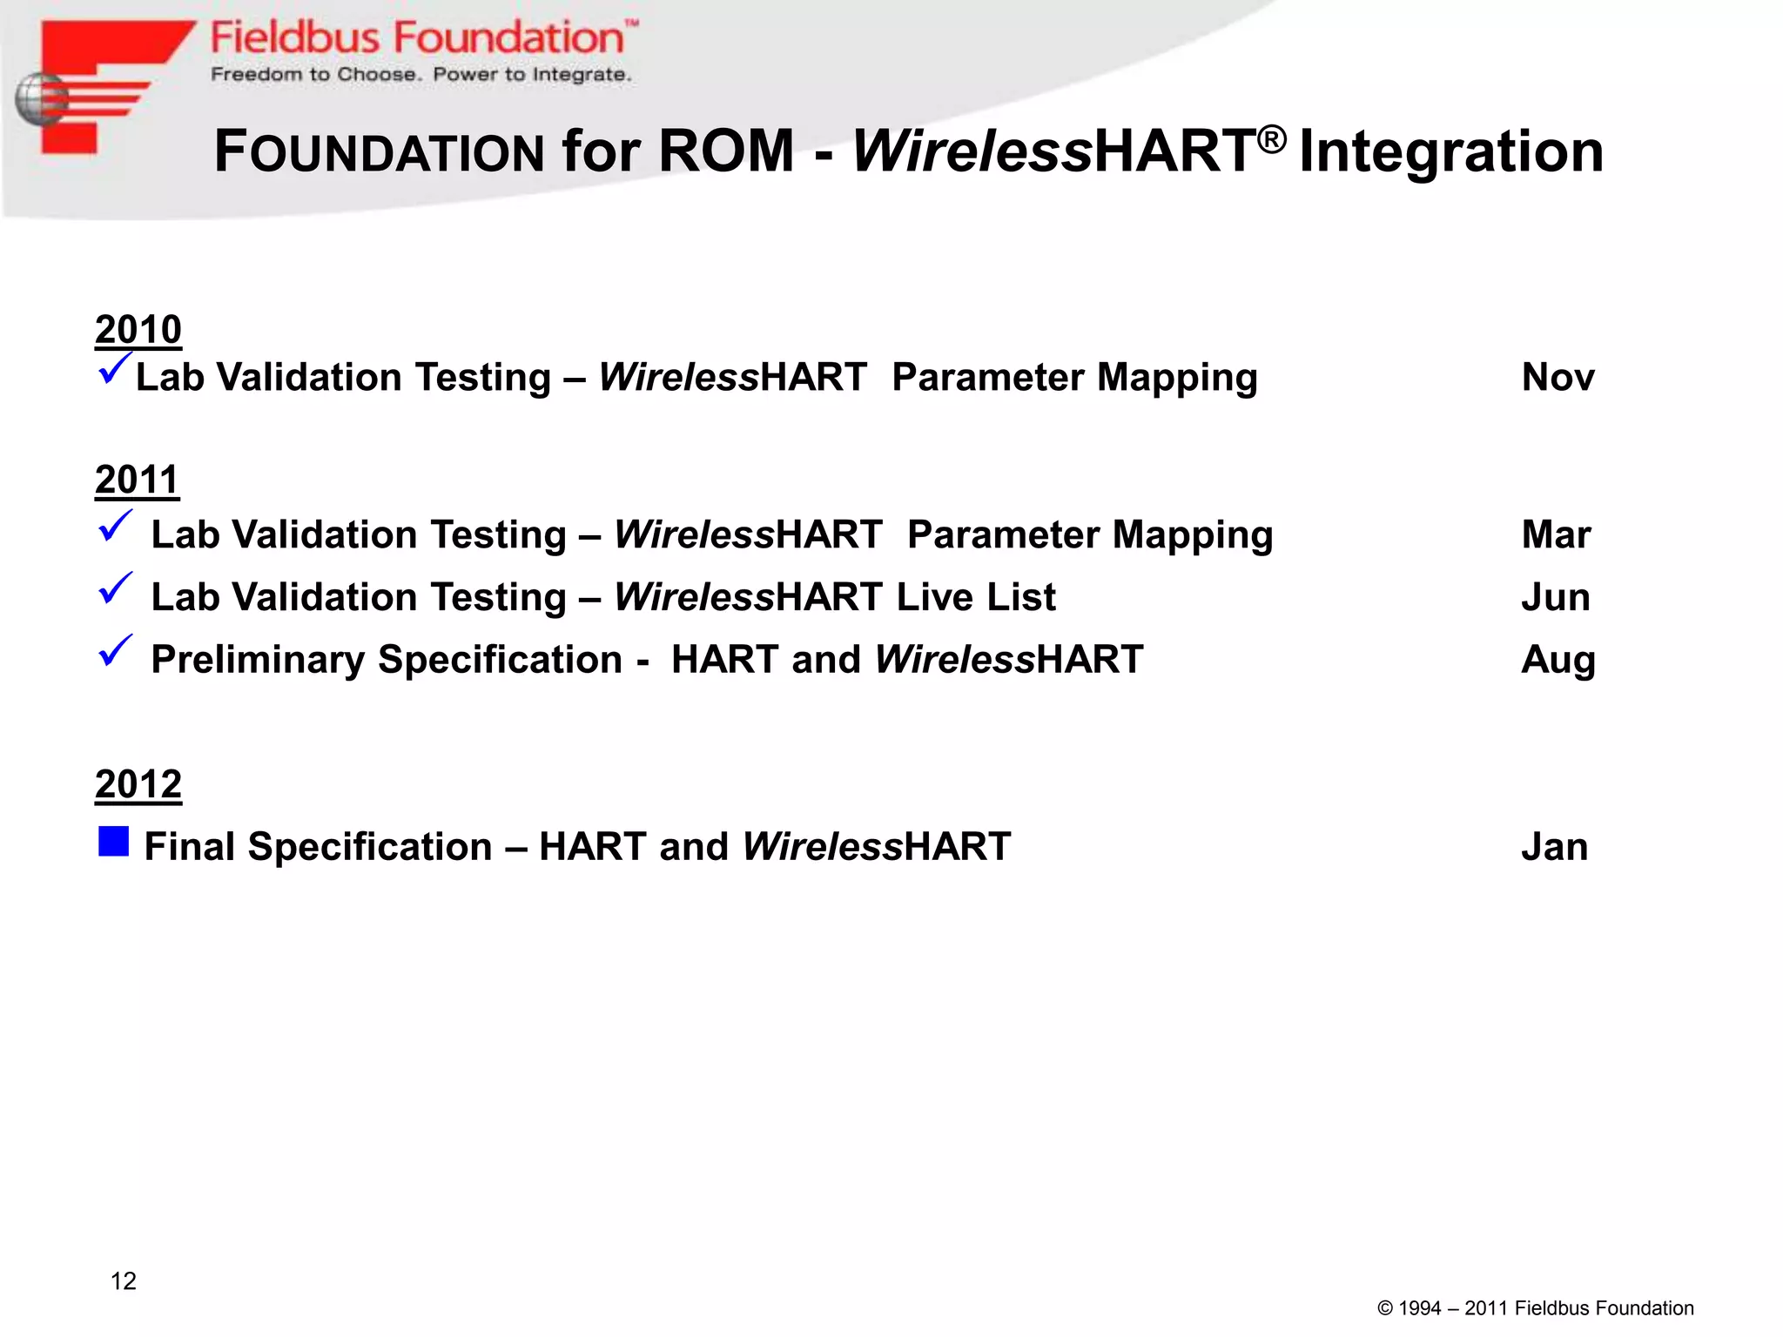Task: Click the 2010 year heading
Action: tap(138, 330)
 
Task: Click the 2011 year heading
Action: tap(137, 480)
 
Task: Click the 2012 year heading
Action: tap(138, 784)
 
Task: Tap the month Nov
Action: tap(1558, 378)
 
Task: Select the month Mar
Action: tap(1556, 534)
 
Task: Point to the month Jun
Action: tap(1555, 597)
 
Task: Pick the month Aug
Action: tap(1558, 660)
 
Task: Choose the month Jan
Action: tap(1554, 847)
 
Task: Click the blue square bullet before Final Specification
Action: tap(114, 842)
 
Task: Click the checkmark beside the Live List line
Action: tap(115, 589)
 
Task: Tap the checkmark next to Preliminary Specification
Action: tap(115, 651)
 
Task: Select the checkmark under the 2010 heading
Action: tap(115, 367)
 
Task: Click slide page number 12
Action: tap(124, 1280)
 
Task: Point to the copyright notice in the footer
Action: tap(1535, 1308)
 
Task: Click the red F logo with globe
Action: tap(96, 87)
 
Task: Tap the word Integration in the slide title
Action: tap(1450, 151)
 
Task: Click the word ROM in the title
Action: tap(726, 151)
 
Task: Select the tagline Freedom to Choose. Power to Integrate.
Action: tap(421, 75)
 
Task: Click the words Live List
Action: tap(976, 597)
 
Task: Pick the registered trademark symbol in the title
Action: tap(1272, 138)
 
